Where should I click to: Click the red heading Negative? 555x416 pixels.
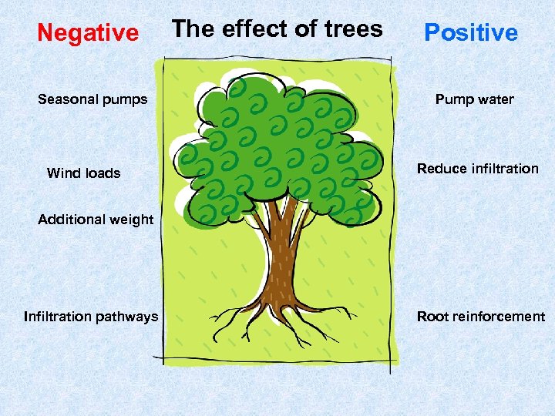(88, 33)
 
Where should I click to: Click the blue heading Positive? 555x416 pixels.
(471, 32)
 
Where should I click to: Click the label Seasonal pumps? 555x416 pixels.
(92, 99)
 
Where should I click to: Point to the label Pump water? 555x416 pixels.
(474, 99)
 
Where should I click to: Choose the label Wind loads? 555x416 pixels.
(83, 173)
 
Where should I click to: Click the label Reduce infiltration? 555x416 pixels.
(478, 169)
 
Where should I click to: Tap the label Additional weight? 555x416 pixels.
(96, 220)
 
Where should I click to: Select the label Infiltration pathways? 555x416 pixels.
(91, 317)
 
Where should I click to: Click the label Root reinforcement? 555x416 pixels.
(481, 317)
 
